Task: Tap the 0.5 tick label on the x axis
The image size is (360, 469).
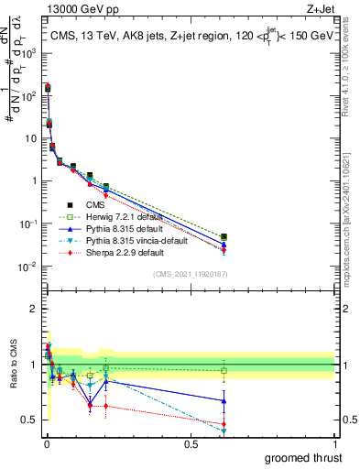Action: (191, 443)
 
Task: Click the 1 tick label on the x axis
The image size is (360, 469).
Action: (334, 443)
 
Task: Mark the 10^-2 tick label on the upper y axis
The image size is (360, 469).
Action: (27, 267)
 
